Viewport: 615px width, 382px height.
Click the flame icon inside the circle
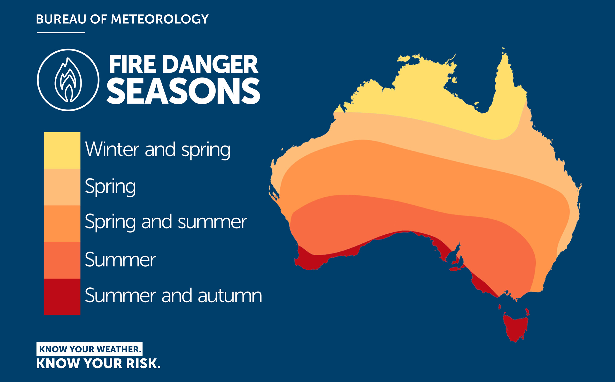[68, 80]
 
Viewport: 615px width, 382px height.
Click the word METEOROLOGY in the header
[160, 19]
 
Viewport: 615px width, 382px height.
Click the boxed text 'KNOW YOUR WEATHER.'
[90, 349]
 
